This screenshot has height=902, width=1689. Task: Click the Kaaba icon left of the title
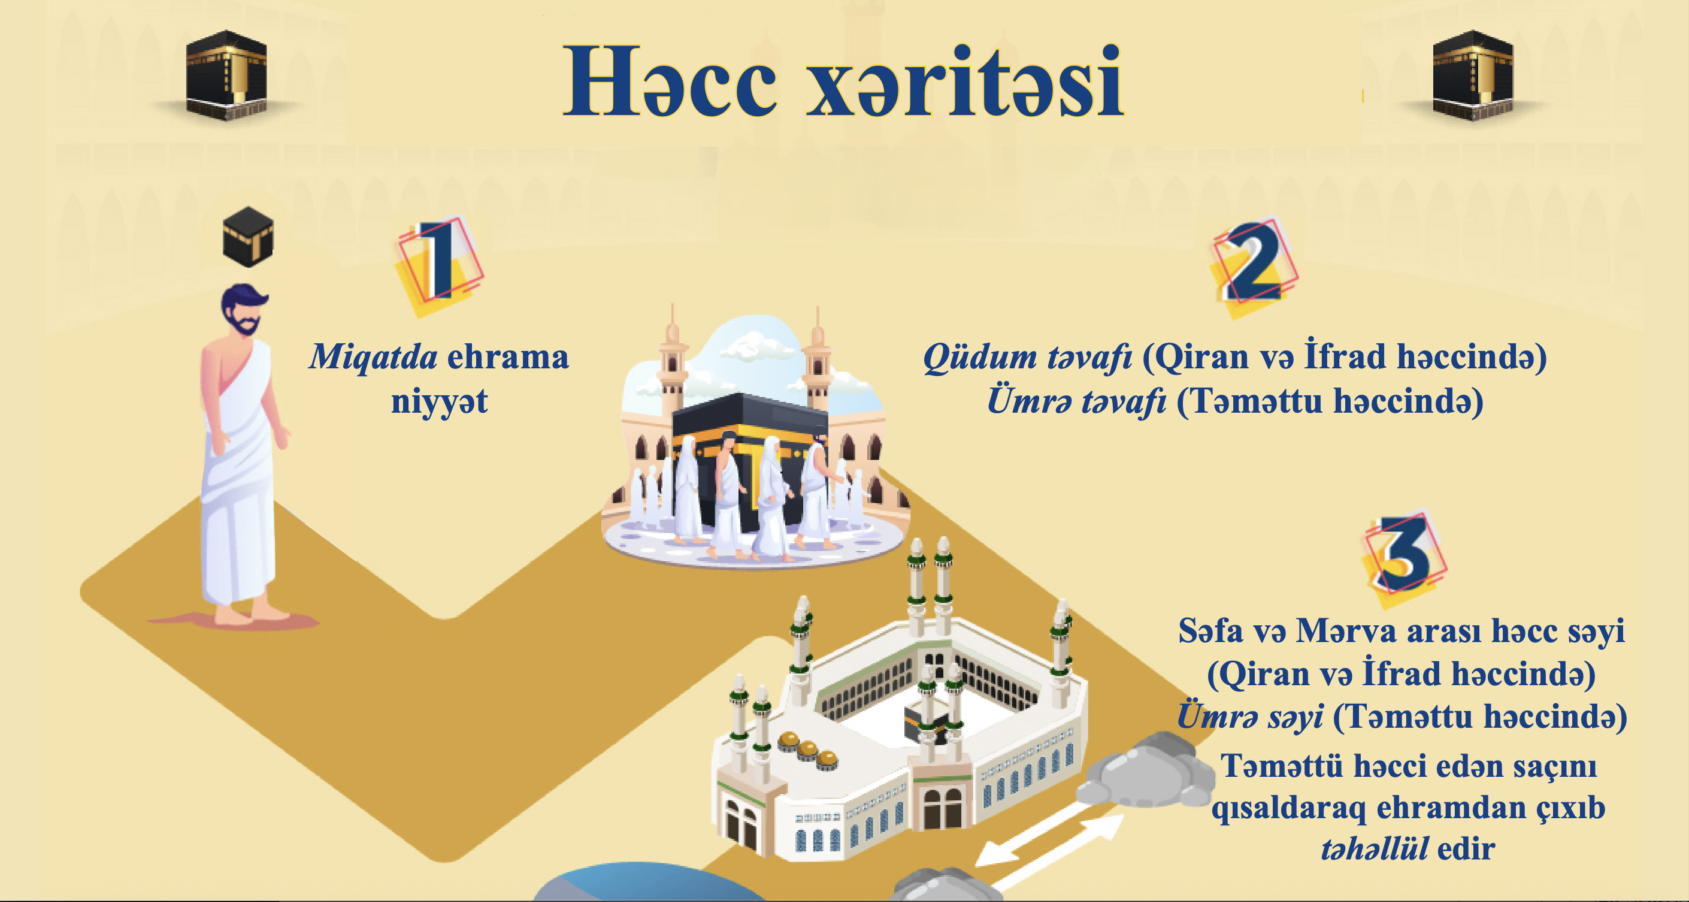pyautogui.click(x=226, y=75)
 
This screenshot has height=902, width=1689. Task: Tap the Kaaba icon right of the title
pyautogui.click(x=1473, y=75)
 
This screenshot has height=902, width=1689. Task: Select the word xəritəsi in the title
pyautogui.click(x=964, y=81)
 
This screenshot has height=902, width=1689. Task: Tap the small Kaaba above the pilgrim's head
pyautogui.click(x=248, y=237)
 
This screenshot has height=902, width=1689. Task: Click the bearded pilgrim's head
pyautogui.click(x=243, y=310)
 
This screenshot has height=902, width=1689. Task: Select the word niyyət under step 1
pyautogui.click(x=439, y=401)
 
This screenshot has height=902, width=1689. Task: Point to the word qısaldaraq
pyautogui.click(x=1288, y=807)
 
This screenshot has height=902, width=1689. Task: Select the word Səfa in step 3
pyautogui.click(x=1210, y=631)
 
